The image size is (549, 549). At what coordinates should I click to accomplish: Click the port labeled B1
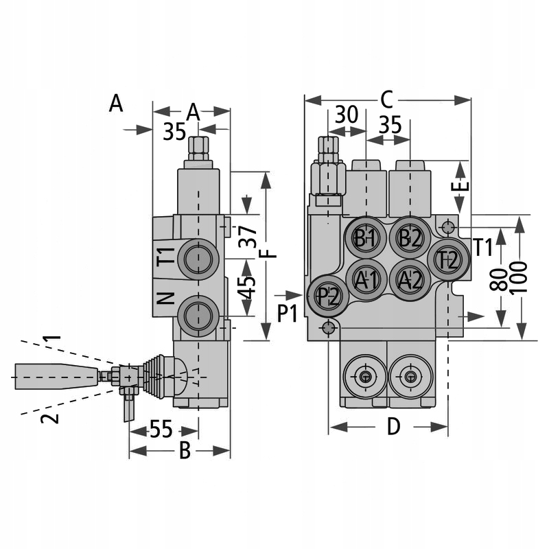pos(365,238)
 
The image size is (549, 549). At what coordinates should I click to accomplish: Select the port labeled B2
pos(410,238)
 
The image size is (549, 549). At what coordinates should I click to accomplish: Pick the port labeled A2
pos(410,279)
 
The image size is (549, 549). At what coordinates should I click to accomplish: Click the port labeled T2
pos(448,259)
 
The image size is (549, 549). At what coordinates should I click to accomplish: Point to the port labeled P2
pos(328,296)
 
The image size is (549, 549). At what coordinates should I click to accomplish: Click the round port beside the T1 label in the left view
pos(198,259)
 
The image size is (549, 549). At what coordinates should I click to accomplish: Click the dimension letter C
pos(386,100)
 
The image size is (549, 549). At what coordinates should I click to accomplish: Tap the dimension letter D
pos(393,427)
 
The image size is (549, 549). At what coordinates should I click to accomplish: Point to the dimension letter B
pos(184,451)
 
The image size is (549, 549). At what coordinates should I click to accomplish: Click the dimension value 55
pos(161,430)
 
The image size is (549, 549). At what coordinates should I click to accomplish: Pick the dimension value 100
pos(521,277)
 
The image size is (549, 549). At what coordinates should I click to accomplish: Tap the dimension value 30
pos(347,115)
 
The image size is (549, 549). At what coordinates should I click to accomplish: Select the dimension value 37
pos(250,236)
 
